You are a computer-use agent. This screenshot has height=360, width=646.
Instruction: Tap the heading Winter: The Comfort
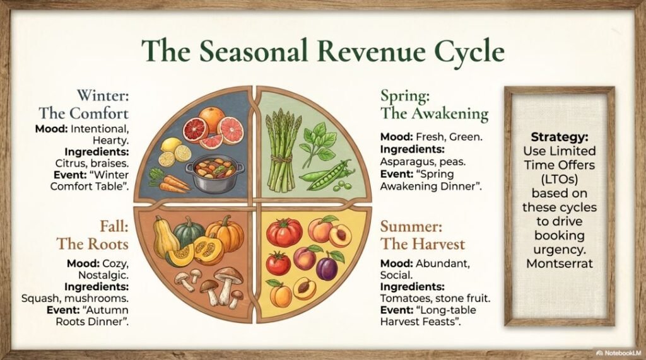pyautogui.click(x=84, y=104)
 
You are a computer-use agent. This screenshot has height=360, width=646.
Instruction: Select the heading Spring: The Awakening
pyautogui.click(x=434, y=104)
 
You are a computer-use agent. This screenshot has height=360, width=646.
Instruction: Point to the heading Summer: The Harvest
pyautogui.click(x=422, y=235)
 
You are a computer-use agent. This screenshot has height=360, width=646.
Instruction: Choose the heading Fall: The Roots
pyautogui.click(x=93, y=235)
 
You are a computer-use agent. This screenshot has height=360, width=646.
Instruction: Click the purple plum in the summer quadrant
pyautogui.click(x=328, y=267)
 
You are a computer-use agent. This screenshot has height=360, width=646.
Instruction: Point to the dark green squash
pyautogui.click(x=188, y=232)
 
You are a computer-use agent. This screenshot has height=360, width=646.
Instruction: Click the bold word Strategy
pyautogui.click(x=559, y=137)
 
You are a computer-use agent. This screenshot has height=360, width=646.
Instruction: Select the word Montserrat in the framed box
pyautogui.click(x=560, y=263)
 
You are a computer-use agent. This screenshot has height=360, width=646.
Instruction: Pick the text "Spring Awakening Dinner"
pyautogui.click(x=431, y=180)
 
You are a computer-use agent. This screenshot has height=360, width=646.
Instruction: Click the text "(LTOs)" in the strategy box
pyautogui.click(x=559, y=179)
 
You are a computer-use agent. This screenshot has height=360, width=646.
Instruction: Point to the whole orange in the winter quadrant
pyautogui.click(x=211, y=119)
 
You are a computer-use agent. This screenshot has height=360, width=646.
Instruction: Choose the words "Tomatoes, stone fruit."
pyautogui.click(x=435, y=298)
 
